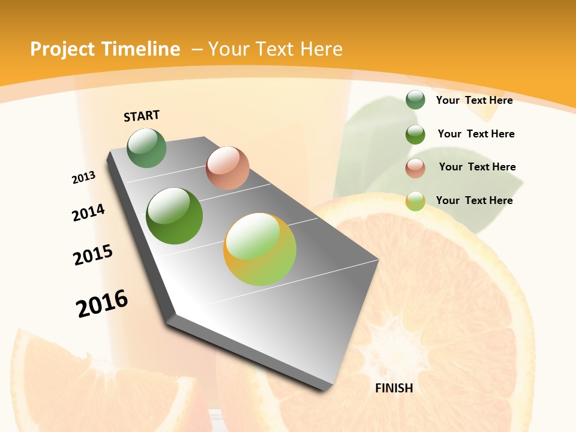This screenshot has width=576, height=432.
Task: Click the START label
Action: [x=142, y=116]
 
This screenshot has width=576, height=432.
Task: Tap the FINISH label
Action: [x=394, y=388]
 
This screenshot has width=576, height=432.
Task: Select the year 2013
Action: [x=83, y=178]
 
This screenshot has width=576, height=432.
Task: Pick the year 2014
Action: [x=88, y=212]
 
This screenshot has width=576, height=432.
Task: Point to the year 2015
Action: [x=93, y=255]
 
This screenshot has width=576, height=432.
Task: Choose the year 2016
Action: [x=102, y=304]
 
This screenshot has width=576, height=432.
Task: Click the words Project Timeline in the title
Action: [x=105, y=49]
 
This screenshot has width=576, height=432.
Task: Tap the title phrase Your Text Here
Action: [x=275, y=49]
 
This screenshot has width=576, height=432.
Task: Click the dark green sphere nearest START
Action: [x=147, y=148]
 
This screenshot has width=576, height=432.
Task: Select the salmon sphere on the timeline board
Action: [x=227, y=168]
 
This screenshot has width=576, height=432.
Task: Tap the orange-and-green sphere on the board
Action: [x=260, y=249]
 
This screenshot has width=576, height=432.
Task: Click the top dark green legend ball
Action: [x=415, y=100]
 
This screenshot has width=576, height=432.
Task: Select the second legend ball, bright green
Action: [x=415, y=134]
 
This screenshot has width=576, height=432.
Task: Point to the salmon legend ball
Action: [x=415, y=167]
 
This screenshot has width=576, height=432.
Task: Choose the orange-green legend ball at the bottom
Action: [x=415, y=201]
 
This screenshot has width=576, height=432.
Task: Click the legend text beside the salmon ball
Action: [x=477, y=167]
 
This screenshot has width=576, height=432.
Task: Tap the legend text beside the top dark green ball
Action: [x=474, y=100]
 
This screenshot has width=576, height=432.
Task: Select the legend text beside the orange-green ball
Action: [x=474, y=200]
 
